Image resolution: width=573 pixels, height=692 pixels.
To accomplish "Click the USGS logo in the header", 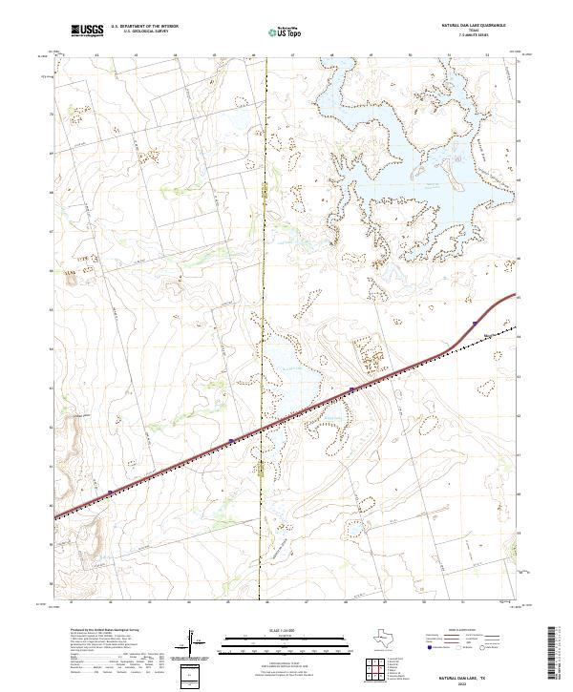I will point(85,31).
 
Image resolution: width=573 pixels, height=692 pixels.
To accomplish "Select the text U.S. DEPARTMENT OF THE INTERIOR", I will point(144,27).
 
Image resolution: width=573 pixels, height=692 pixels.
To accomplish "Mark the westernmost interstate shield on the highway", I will point(110,493).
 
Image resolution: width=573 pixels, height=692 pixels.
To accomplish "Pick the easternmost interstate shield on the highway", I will point(474,325).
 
